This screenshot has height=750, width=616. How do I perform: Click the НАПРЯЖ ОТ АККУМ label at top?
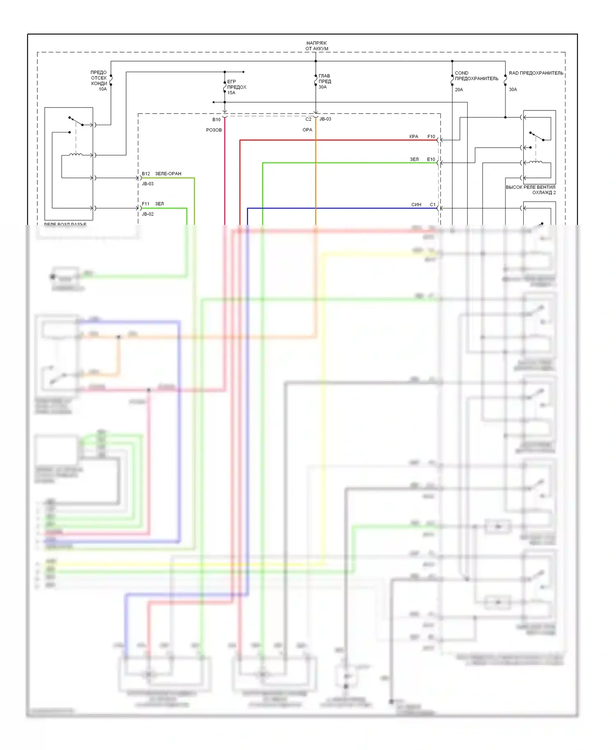coord(317,46)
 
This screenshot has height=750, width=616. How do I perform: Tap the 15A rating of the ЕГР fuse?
coord(231,93)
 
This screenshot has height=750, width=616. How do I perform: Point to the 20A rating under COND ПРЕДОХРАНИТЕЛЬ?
coord(459,89)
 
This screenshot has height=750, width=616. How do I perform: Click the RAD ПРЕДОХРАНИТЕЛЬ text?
coord(536,73)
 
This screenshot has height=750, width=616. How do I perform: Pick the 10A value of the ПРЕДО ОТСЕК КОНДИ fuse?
coord(103,89)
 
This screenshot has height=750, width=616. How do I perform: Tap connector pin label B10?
coord(216,119)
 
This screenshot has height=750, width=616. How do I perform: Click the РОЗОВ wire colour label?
coord(214,130)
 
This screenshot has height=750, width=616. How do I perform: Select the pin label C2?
coord(308,119)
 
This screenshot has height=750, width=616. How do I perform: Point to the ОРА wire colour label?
coord(307,130)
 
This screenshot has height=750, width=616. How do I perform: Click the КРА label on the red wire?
coord(414,137)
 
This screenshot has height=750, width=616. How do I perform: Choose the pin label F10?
coord(431,137)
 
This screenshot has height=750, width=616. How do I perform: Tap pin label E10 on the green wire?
coord(431,159)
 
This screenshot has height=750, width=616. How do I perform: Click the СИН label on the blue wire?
coord(416,204)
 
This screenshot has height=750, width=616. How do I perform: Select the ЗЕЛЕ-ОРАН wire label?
coord(168,174)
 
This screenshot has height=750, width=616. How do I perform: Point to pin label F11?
coord(146,204)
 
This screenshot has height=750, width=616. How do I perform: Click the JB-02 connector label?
coord(148,214)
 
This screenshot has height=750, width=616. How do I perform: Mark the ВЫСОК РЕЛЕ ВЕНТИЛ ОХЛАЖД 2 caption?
coord(531,190)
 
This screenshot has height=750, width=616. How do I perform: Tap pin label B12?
coord(146,174)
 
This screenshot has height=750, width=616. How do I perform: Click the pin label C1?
coord(432,204)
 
